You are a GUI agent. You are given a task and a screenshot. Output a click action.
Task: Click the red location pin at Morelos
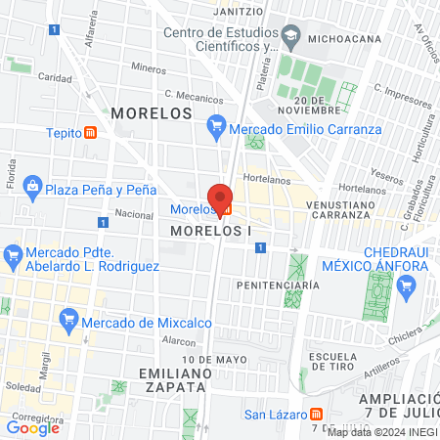pos(220,195)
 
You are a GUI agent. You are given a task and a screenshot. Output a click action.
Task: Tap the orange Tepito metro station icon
pos(91,133)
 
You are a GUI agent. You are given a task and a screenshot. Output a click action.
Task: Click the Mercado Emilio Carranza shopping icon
pos(217,125)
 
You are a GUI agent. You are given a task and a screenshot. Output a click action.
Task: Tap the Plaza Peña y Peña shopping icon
pos(32,188)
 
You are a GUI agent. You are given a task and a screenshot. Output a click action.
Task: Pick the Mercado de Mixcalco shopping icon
pos(68,319)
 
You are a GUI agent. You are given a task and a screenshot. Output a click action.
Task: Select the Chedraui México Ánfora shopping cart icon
pos(408,286)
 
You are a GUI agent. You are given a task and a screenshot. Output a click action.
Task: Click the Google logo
pos(33,427)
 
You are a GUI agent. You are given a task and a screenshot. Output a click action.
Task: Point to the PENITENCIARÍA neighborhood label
pos(278,285)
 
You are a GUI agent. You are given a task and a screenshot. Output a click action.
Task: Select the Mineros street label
pos(149,68)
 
